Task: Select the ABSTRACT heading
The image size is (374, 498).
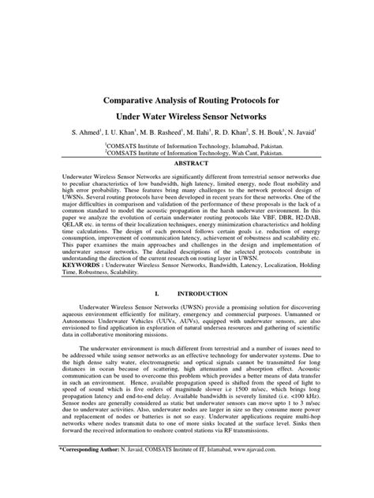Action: (187, 167)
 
